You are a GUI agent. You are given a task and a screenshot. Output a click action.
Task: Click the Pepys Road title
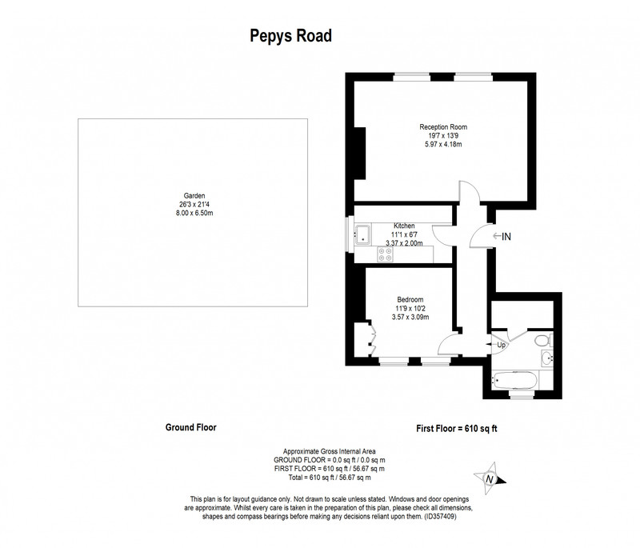[290, 36]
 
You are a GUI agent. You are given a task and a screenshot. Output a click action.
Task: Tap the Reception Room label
[443, 127]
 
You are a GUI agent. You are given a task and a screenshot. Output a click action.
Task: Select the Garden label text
[194, 196]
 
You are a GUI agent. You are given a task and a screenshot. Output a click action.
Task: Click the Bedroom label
[410, 299]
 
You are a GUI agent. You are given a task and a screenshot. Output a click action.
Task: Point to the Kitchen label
[404, 226]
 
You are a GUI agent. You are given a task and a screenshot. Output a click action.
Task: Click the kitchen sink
[362, 234]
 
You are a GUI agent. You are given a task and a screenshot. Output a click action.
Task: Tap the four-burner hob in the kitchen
[386, 254]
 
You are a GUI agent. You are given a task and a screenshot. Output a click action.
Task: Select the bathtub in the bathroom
[514, 380]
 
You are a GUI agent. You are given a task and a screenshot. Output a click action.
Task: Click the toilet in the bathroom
[543, 340]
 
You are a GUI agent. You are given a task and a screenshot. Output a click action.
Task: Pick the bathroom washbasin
[547, 358]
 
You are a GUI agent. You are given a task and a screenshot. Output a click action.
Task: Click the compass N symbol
[490, 478]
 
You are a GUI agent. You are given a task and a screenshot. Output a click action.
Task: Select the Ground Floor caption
[191, 427]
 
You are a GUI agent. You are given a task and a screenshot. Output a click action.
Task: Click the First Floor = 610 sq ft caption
[457, 429]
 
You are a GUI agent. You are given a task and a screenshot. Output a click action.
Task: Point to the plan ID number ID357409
[440, 517]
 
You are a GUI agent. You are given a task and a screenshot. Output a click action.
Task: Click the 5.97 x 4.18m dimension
[443, 144]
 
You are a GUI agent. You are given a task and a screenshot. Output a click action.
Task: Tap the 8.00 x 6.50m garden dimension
[194, 213]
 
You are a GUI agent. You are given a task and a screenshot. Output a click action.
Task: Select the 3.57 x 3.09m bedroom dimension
[410, 317]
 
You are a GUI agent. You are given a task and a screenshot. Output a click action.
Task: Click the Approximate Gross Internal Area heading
[330, 451]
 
